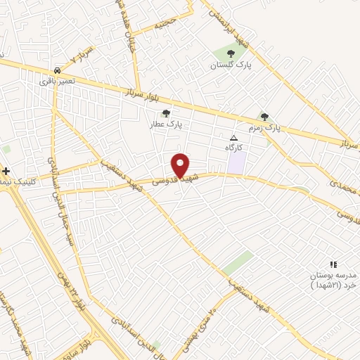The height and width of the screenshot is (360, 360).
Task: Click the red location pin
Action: [x=181, y=165]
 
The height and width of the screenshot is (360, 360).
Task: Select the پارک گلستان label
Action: [x=230, y=65]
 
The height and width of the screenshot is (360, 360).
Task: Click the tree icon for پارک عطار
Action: [x=166, y=112]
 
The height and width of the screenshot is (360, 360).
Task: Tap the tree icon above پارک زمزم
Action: [x=264, y=117]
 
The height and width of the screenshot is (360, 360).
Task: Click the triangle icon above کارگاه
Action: [x=234, y=138]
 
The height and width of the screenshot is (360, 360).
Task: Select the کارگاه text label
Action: [x=233, y=148]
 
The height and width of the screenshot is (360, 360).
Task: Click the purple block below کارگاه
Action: [x=236, y=164]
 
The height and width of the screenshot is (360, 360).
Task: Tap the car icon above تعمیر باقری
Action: [x=56, y=70]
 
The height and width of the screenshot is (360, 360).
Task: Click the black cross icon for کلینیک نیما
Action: [x=6, y=171]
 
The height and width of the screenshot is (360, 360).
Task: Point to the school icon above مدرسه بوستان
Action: [x=333, y=264]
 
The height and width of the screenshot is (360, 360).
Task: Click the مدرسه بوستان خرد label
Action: [x=333, y=280]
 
